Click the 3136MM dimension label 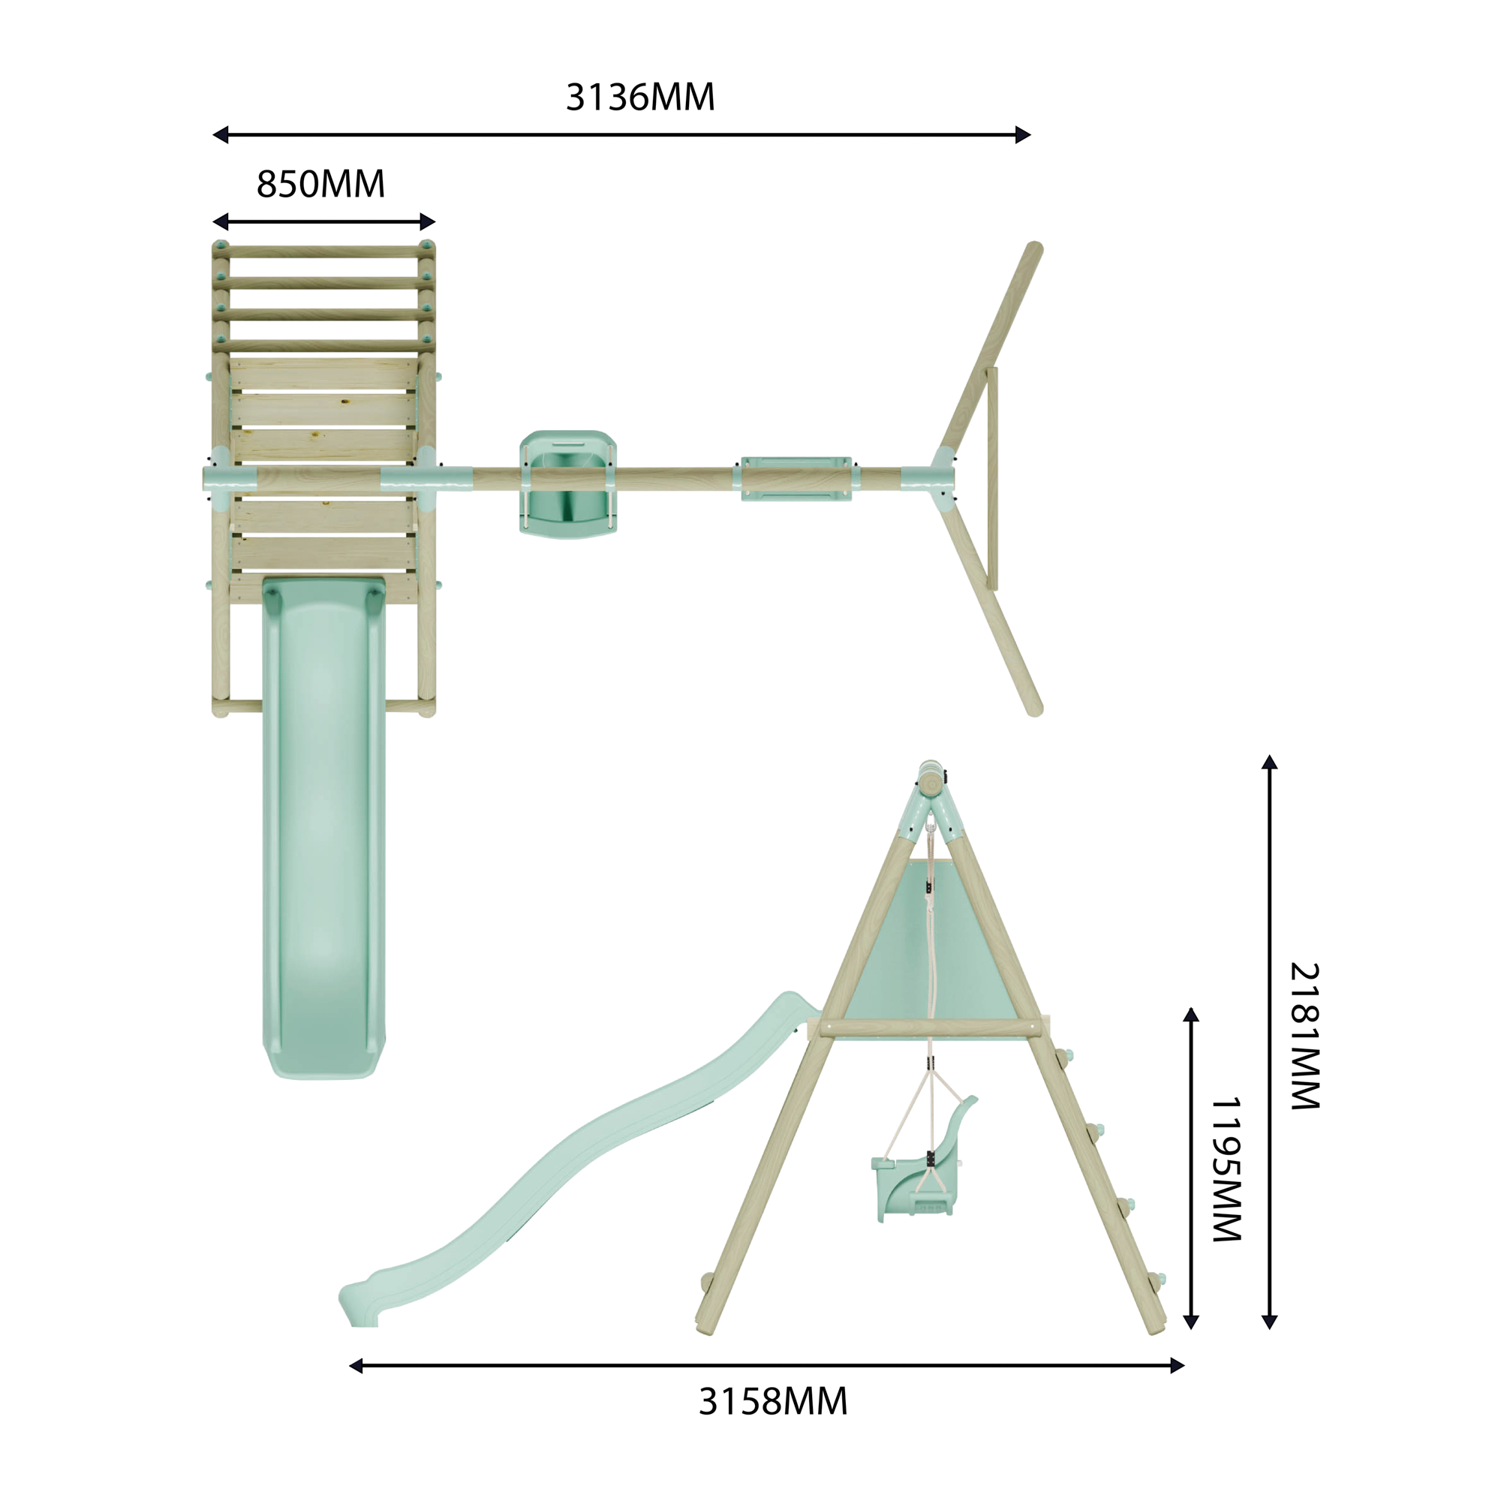point(640,97)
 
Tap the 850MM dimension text point(321,184)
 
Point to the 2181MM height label point(1305,1036)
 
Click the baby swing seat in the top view point(568,483)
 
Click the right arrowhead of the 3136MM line point(1023,134)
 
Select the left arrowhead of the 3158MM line point(356,1365)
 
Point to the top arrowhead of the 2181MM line point(1270,761)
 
